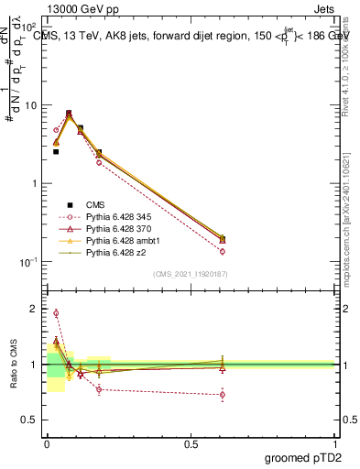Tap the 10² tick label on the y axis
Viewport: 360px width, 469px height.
29,27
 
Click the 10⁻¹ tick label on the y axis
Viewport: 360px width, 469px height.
29,262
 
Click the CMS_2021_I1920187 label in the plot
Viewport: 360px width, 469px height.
191,274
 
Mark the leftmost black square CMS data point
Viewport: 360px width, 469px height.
56,152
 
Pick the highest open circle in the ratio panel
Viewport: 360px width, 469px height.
56,313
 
